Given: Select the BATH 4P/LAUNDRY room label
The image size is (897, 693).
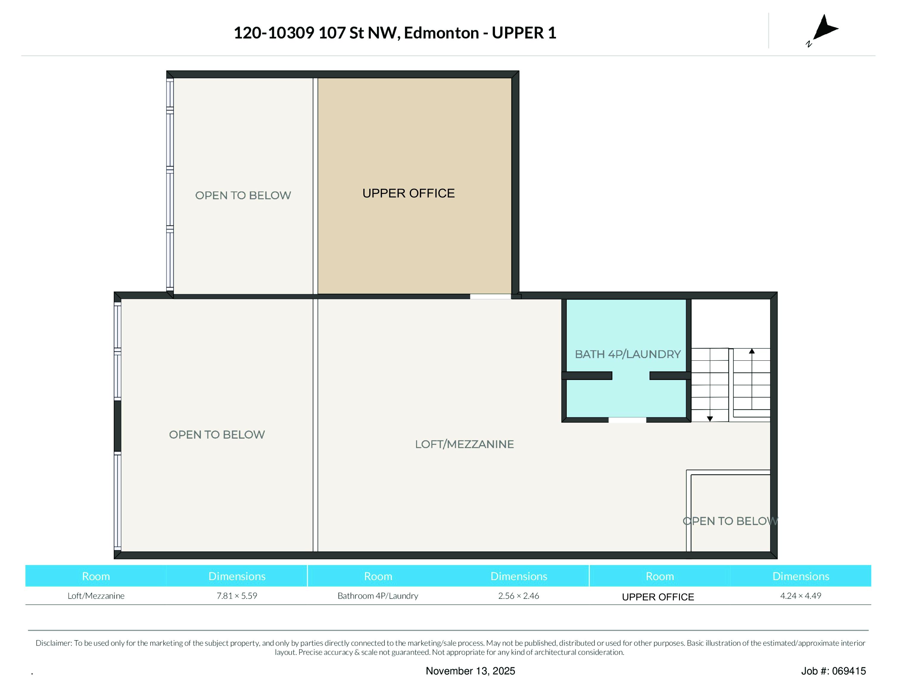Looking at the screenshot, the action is [627, 354].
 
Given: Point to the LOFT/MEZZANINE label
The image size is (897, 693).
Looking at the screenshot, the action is [464, 444].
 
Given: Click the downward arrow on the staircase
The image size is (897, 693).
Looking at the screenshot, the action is [710, 419].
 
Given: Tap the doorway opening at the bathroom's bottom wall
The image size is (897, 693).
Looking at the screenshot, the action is [627, 420].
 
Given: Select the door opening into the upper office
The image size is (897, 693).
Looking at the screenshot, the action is [490, 296].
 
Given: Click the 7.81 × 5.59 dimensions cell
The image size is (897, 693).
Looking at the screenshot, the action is [237, 596].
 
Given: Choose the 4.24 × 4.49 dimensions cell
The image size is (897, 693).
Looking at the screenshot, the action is [801, 596].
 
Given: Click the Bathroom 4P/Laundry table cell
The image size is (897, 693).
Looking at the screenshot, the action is [378, 596].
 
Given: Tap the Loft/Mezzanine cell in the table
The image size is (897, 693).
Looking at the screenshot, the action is [96, 596].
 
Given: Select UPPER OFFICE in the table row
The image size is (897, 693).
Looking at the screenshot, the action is [658, 597].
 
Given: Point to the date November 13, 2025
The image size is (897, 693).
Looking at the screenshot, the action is [470, 671].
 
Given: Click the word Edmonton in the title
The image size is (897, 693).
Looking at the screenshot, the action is [442, 33].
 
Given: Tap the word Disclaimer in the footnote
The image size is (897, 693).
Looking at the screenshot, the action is [53, 643].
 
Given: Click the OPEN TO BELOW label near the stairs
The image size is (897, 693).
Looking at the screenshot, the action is [730, 521].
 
